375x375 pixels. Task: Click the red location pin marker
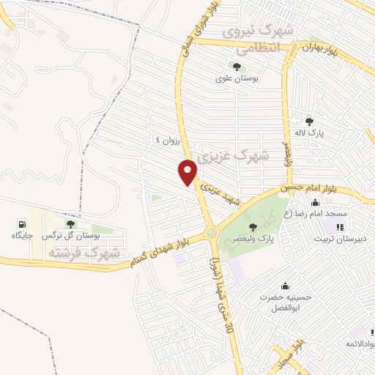189,171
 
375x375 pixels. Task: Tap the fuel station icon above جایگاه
23,224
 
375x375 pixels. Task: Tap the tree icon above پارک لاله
309,122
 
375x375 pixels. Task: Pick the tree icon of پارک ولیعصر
253,226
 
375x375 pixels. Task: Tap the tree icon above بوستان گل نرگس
70,224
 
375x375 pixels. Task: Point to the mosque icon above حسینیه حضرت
285,286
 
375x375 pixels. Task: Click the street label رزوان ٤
167,139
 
